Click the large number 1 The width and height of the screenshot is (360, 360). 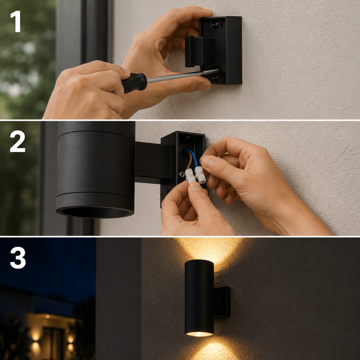[16, 21]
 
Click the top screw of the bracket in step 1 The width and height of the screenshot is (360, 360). [215, 24]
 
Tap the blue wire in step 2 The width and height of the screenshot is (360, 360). [194, 159]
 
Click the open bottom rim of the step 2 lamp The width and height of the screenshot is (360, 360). [95, 213]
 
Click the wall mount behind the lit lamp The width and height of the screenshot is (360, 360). [222, 302]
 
